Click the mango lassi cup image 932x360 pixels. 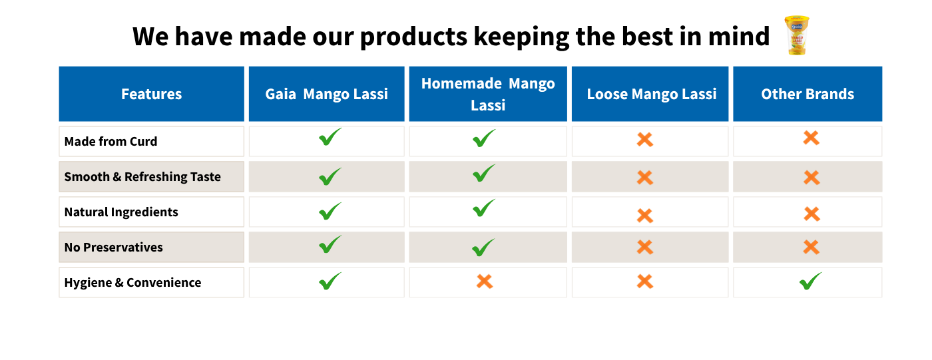tap(797, 35)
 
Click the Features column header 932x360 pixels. tap(152, 94)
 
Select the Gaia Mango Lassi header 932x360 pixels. tap(327, 94)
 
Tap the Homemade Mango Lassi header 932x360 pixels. tap(488, 94)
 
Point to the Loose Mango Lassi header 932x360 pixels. tap(650, 94)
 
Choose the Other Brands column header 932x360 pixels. tap(808, 94)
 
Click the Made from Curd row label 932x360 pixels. tap(111, 141)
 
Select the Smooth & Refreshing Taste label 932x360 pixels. tap(142, 177)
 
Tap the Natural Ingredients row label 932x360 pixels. tap(121, 212)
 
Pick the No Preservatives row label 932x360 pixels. tap(114, 248)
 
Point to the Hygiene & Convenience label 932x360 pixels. tap(132, 283)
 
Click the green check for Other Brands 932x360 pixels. tap(811, 281)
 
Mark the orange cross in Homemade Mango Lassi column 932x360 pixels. tap(485, 281)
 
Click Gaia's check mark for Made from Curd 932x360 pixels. tap(330, 137)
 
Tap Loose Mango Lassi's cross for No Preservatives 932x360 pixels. tap(645, 247)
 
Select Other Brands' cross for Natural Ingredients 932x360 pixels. tap(812, 214)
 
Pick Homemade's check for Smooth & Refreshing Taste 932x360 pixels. tap(485, 174)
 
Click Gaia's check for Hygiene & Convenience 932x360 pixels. tap(330, 281)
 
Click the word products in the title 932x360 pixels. tap(413, 37)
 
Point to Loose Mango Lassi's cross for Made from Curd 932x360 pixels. tap(645, 139)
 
